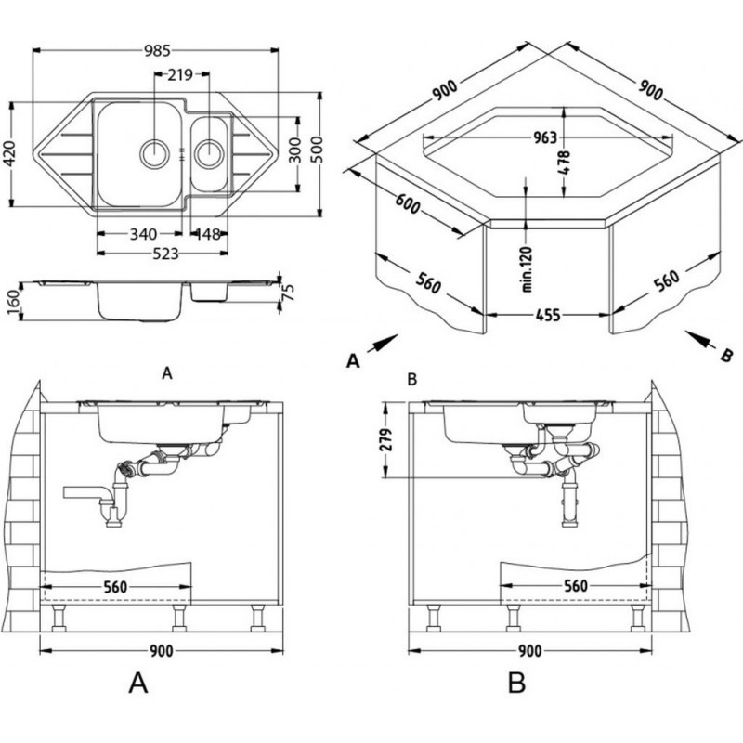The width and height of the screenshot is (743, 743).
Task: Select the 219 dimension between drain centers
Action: click(181, 74)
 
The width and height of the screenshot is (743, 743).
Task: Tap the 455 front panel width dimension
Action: click(548, 317)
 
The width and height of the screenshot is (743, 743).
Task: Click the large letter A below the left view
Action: click(137, 683)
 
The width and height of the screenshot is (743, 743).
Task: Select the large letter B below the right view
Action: click(517, 683)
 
